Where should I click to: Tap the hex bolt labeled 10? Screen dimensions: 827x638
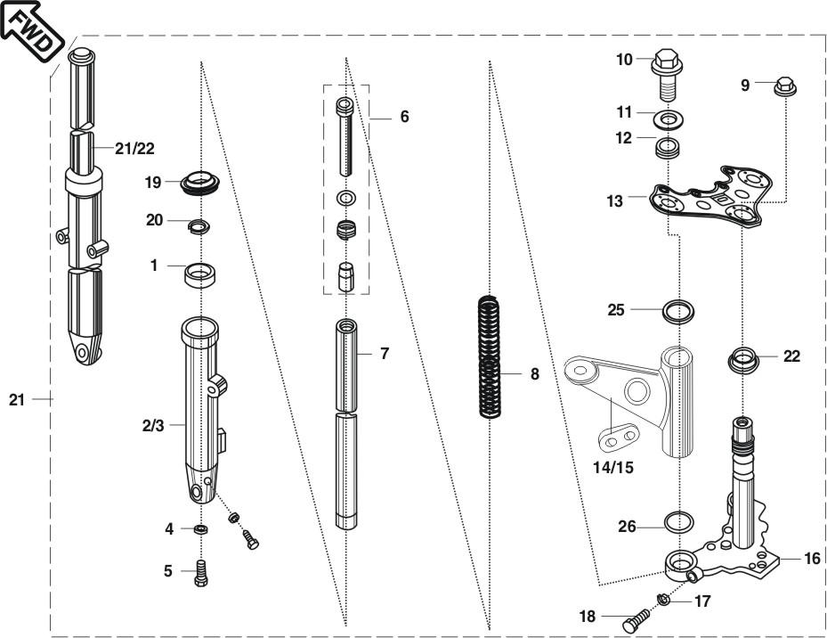[667, 74]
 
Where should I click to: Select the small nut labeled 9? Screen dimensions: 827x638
[785, 86]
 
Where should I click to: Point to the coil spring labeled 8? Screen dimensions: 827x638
[489, 357]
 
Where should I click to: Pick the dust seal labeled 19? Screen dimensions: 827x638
[200, 183]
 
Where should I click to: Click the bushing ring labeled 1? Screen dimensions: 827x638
[199, 275]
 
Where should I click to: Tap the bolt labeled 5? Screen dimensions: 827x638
[201, 573]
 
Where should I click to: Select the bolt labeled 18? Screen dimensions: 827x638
[637, 620]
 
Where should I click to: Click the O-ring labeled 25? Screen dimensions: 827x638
[678, 311]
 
